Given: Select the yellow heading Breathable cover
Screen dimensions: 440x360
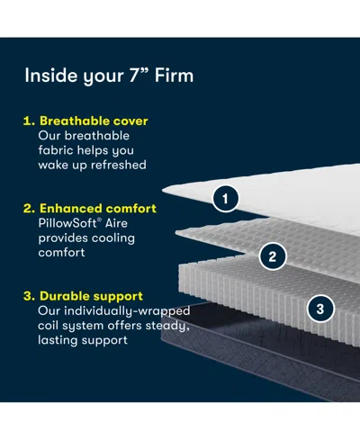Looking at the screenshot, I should pos(93,121).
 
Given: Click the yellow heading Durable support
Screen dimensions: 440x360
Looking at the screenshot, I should pos(90,295).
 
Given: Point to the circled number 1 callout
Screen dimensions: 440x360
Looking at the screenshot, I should pos(228,196).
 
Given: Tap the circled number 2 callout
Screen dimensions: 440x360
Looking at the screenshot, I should pos(271,256).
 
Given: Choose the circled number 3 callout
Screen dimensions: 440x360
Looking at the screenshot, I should pos(319,309).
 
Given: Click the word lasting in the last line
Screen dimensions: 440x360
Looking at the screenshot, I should pos(58,339).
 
